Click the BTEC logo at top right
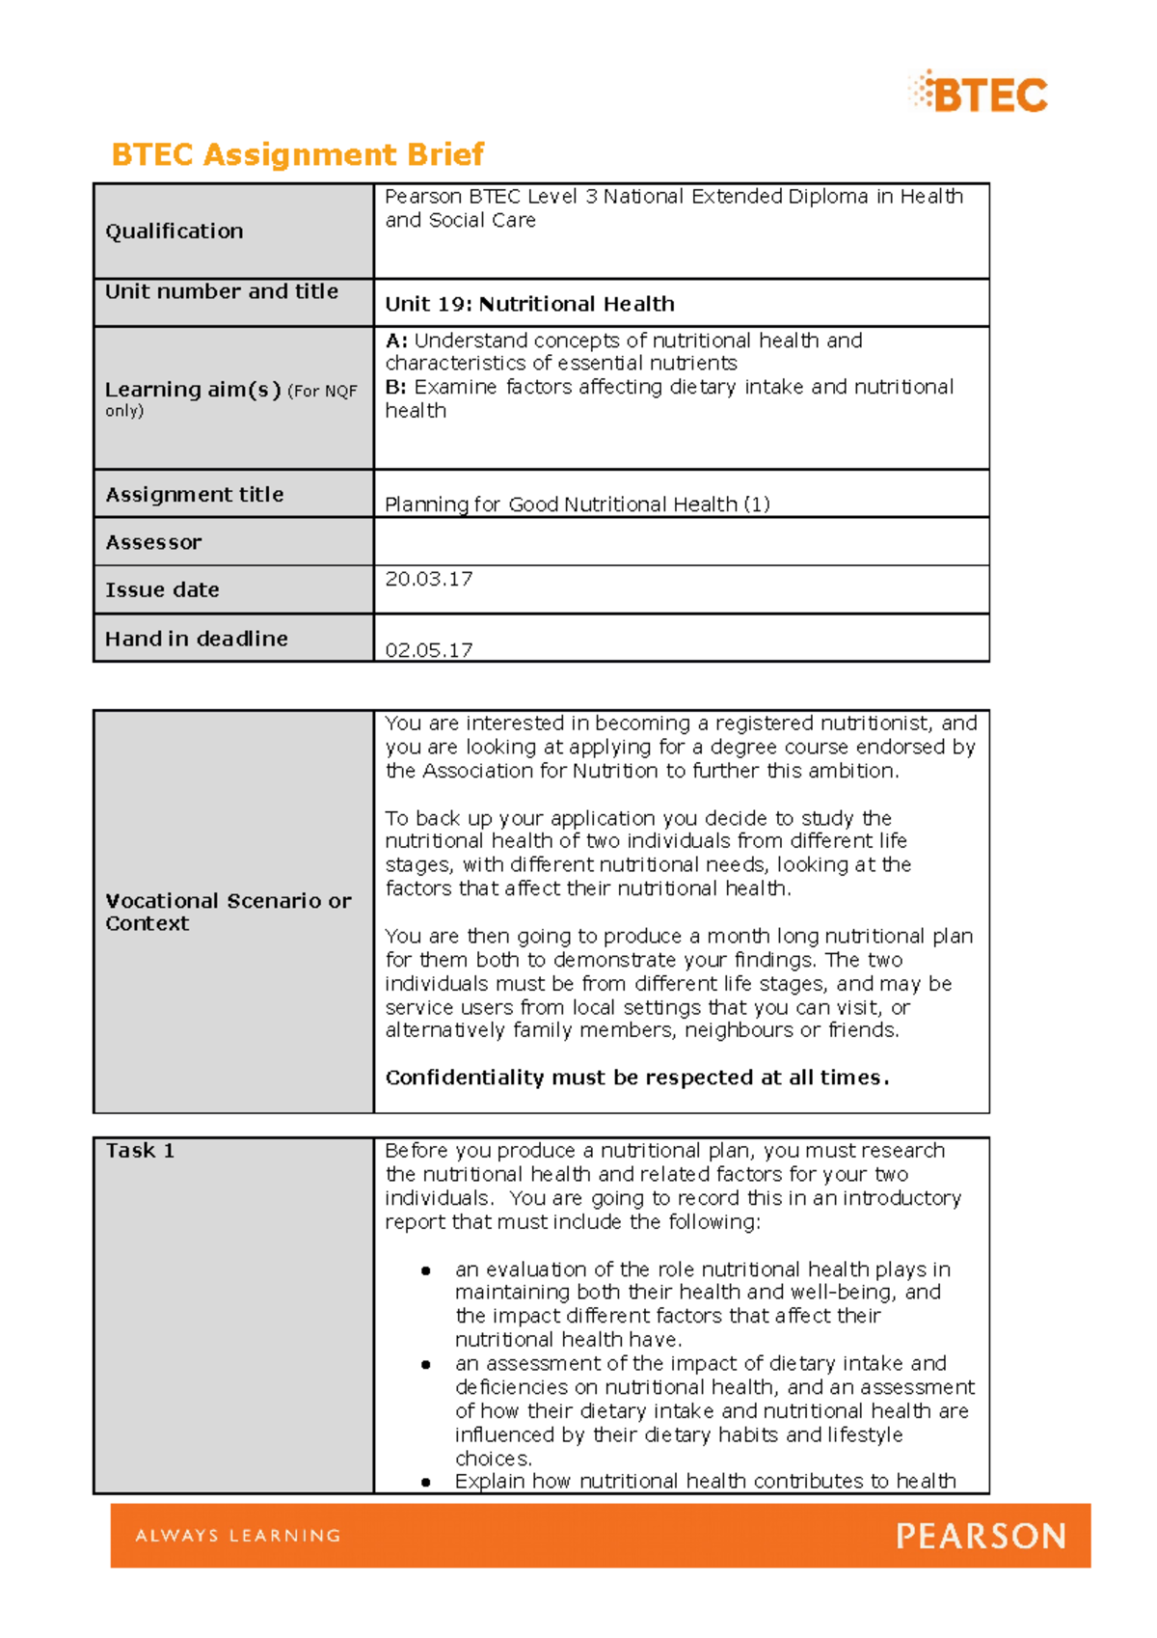979,94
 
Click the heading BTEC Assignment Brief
297,154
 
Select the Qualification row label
174,232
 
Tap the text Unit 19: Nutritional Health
529,304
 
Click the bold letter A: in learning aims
396,341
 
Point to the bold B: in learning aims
395,387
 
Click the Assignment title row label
194,495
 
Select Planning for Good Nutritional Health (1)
577,504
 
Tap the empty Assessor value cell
681,541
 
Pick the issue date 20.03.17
428,579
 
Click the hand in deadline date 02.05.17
428,650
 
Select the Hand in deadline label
196,639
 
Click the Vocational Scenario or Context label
228,912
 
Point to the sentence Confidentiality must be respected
636,1078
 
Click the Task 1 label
140,1151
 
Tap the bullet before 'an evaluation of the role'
425,1270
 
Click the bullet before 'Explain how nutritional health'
425,1482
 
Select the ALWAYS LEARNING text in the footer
238,1535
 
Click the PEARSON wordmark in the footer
981,1535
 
